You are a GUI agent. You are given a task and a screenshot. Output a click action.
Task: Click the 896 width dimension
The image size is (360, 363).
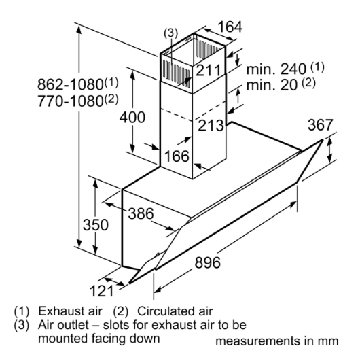click(x=208, y=262)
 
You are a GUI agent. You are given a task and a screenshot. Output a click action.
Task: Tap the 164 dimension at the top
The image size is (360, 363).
click(x=230, y=27)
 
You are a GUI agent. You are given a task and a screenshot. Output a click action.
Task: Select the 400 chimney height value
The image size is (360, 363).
click(x=132, y=117)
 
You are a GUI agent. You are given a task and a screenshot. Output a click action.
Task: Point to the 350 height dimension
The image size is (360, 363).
click(x=96, y=225)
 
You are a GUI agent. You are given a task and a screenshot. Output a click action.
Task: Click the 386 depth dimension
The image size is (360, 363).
click(x=141, y=213)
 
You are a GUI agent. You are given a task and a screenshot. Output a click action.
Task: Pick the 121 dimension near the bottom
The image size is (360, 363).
click(x=102, y=291)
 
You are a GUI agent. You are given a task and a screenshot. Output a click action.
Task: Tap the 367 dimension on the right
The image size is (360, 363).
click(x=320, y=125)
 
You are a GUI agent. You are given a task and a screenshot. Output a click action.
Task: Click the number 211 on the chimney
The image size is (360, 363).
click(x=209, y=70)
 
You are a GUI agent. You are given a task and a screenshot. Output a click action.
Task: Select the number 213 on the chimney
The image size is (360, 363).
click(x=211, y=126)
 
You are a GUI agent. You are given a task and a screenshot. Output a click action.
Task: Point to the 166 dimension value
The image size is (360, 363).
click(x=177, y=156)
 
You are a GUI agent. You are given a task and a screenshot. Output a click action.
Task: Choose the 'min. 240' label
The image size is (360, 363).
click(x=276, y=69)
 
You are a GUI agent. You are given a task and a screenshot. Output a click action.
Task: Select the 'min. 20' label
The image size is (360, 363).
click(x=272, y=85)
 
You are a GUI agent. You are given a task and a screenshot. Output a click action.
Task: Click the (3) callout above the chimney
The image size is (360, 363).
click(x=170, y=33)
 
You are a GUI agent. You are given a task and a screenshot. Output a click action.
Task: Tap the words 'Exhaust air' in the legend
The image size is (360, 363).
click(x=70, y=311)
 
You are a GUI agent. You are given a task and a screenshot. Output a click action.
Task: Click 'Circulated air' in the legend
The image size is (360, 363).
click(x=175, y=311)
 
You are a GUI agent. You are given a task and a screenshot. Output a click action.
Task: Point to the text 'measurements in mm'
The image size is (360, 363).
click(x=277, y=341)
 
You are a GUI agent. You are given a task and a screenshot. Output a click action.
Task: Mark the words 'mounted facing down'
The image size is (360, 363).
click(x=98, y=339)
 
